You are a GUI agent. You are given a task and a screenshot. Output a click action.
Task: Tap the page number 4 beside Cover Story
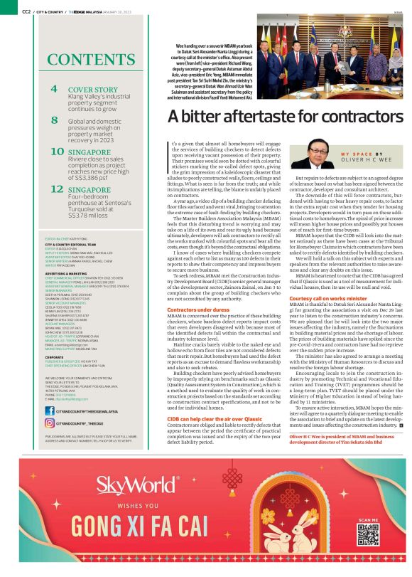[55, 90]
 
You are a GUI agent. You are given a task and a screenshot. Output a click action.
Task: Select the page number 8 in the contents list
[55, 121]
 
